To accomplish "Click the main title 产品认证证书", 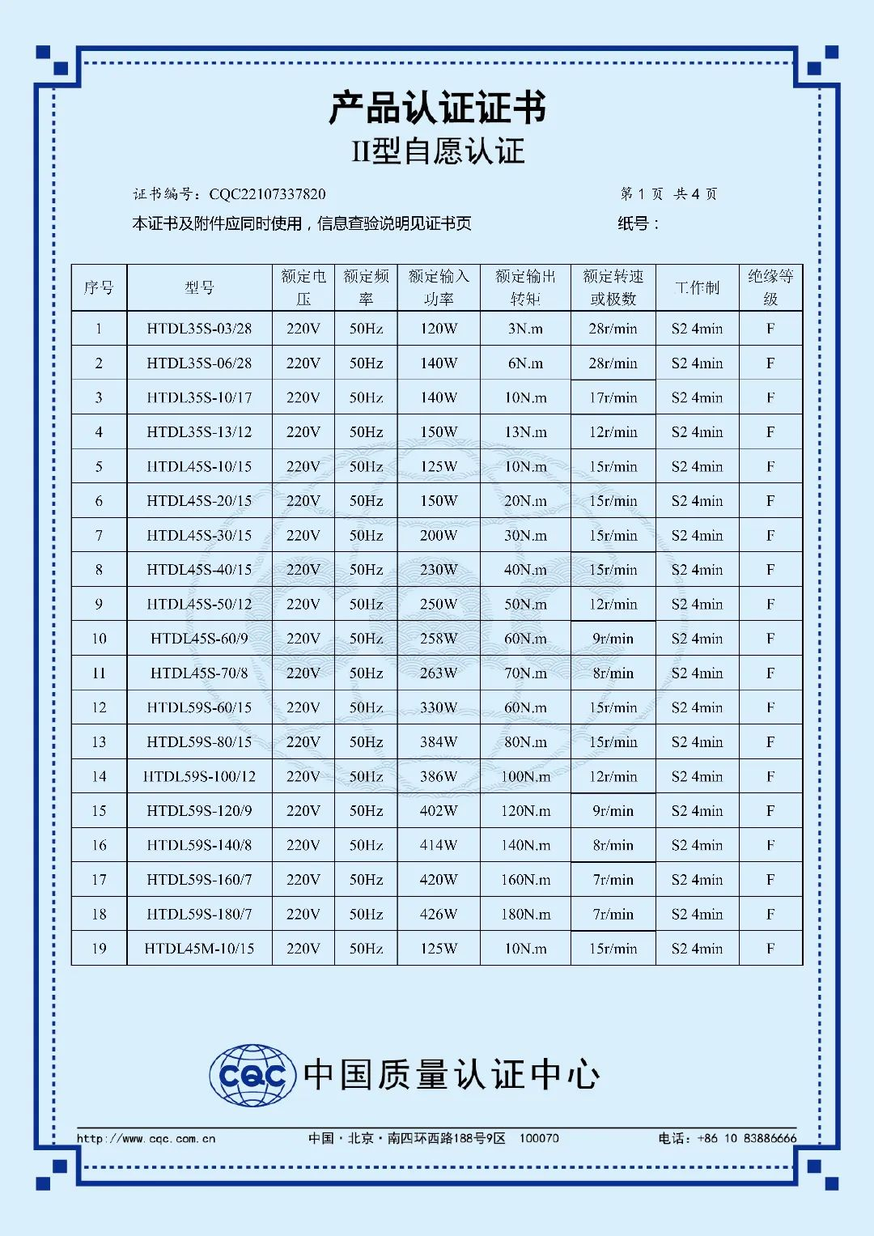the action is [437, 108].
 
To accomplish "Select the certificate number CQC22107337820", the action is [267, 194].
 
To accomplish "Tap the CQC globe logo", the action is [252, 1075].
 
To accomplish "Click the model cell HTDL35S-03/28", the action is [199, 329].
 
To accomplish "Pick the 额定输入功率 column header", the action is [439, 287].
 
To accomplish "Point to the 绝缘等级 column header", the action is [770, 287].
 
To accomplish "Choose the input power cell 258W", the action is [439, 639].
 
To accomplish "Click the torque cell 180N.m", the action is [525, 914].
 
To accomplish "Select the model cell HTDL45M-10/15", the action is [199, 949].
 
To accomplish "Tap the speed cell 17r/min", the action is [613, 397].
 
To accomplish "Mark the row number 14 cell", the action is [99, 776].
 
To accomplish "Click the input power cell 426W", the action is [439, 914].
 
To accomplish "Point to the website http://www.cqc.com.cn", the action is [146, 1138].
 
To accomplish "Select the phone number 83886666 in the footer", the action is [770, 1138].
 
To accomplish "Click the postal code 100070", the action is [539, 1138].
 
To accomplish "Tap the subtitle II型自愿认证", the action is [437, 151].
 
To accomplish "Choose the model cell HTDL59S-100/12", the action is [199, 776].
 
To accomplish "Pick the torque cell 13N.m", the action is [525, 432].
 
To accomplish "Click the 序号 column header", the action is [99, 287].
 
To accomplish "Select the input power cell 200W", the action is [439, 536].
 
